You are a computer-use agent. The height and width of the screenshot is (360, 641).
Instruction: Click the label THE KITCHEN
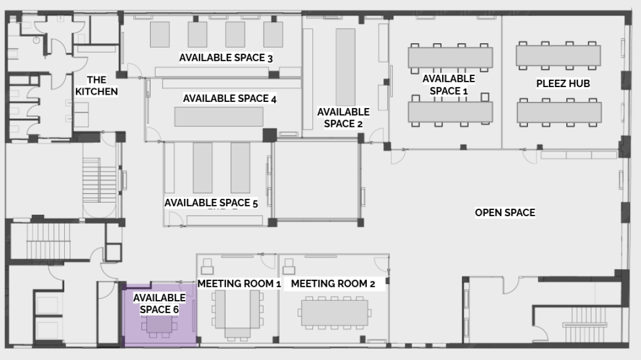tap(96, 85)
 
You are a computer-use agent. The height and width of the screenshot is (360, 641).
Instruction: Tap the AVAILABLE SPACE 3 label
tap(225, 58)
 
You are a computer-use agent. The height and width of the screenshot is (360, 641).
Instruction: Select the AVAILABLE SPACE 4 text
tap(229, 99)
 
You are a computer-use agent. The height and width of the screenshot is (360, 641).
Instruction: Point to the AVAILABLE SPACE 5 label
tap(211, 203)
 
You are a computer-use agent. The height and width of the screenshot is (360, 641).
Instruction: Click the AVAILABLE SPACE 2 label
tap(343, 117)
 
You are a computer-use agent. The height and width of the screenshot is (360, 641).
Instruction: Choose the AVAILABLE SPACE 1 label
tap(448, 85)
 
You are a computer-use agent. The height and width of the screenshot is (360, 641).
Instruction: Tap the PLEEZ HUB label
tap(563, 84)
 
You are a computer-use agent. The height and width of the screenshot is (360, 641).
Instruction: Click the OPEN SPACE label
tap(505, 213)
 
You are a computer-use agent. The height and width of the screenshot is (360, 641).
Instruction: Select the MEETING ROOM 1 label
tap(239, 284)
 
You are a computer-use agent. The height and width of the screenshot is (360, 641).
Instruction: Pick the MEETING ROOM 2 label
tap(333, 284)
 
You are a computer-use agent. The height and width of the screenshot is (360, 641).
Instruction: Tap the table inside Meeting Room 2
tap(335, 313)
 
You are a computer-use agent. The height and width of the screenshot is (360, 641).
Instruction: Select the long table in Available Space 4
tap(219, 117)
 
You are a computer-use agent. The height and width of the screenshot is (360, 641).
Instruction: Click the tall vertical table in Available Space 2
tap(346, 68)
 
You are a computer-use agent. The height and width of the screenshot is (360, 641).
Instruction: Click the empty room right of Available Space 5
tap(317, 181)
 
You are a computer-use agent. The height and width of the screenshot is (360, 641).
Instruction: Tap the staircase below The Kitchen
tap(100, 180)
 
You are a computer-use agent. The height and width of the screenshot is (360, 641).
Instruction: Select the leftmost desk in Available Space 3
tap(160, 35)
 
